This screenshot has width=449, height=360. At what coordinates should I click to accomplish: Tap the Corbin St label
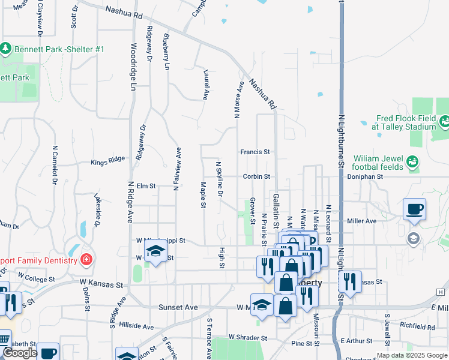pos(256,176)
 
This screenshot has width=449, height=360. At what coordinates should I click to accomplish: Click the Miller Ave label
pos(362,221)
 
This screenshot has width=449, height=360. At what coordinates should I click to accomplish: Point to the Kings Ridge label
pos(108,161)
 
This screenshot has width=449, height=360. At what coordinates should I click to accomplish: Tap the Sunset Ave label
pos(178,307)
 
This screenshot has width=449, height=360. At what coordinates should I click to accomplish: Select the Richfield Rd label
pos(418,327)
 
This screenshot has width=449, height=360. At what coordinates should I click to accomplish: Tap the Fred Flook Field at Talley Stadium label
pos(403,122)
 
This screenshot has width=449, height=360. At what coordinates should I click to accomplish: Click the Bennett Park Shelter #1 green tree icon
pos(6,47)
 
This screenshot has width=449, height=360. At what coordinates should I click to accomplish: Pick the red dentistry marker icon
pos(86,260)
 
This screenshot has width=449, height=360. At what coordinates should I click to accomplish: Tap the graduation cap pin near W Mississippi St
pos(155,252)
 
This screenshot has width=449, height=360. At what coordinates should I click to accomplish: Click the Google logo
pos(20,353)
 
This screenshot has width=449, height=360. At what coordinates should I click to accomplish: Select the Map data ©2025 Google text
pos(411,355)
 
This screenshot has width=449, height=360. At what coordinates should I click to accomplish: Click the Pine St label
pos(302,344)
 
